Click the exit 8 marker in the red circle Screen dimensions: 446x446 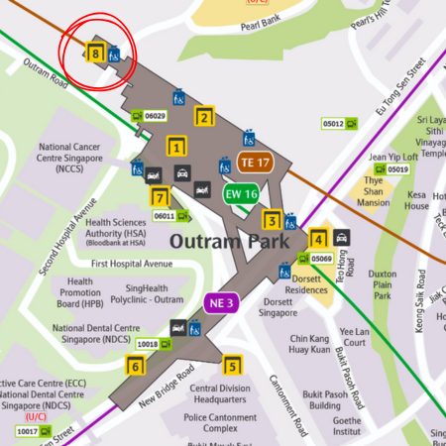point(95,56)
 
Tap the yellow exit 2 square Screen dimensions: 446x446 point(204,117)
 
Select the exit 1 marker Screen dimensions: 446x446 point(175,149)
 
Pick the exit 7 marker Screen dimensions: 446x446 point(161,196)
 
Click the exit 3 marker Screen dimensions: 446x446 point(270,220)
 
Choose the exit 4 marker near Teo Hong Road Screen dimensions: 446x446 point(318,238)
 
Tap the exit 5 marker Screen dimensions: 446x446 point(231,366)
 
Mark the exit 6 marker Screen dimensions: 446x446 point(136,366)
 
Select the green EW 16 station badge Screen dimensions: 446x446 point(240,193)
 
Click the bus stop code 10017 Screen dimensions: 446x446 point(29,431)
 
